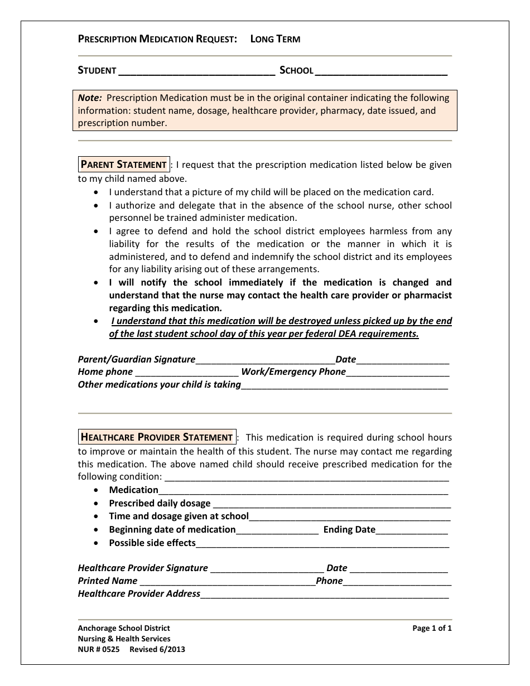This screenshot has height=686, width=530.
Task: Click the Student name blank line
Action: point(197,71)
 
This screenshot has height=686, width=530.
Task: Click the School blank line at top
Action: point(381,71)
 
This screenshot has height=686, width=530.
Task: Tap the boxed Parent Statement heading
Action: point(123,165)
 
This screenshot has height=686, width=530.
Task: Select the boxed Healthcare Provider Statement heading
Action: point(157,437)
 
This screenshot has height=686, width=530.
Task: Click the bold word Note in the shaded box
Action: point(89,98)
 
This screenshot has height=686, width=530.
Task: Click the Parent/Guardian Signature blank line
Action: point(265,361)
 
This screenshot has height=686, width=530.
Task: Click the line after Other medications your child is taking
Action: point(344,386)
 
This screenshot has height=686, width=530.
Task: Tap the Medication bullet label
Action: point(133,490)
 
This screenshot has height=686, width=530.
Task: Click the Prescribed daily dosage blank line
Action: point(331,505)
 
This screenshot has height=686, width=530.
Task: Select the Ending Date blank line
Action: point(412,531)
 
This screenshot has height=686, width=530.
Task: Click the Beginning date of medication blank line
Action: point(277,531)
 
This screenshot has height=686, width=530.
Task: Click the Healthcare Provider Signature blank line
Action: point(267,569)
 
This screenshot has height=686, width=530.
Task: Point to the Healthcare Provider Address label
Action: point(139,594)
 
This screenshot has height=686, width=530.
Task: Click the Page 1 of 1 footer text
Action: point(432,629)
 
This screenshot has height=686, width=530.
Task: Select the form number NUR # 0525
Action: point(99,650)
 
